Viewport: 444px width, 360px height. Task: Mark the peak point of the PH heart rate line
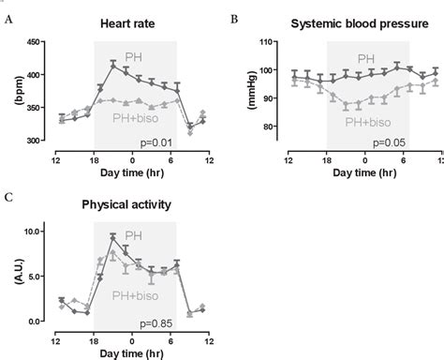(112, 64)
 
